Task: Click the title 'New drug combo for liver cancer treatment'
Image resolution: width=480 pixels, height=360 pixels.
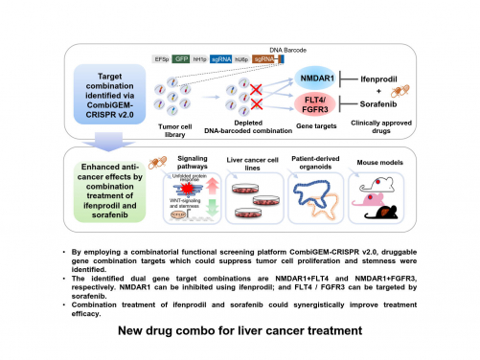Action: [240, 331]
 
